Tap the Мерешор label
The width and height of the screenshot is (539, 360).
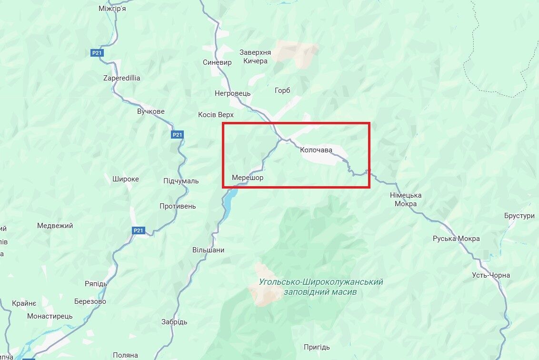click(x=248, y=178)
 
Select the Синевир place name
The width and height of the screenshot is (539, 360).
click(x=217, y=62)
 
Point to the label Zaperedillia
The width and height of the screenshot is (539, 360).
click(x=122, y=78)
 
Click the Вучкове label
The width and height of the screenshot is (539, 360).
click(x=150, y=111)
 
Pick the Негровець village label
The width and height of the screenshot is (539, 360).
click(x=232, y=93)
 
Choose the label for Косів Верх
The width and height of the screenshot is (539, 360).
click(x=216, y=115)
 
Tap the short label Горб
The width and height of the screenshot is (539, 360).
click(x=282, y=90)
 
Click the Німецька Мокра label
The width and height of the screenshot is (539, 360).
click(x=406, y=200)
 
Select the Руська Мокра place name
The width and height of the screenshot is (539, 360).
click(x=456, y=239)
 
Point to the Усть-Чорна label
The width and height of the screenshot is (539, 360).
click(x=491, y=275)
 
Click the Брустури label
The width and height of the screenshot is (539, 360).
click(x=519, y=216)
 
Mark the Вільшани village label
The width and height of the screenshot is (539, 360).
click(x=208, y=250)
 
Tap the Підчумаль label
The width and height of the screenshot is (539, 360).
click(x=181, y=181)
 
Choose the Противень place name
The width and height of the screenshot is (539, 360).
click(x=178, y=206)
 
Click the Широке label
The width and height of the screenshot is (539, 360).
click(x=126, y=179)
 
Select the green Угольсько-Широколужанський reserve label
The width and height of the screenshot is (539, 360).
click(x=321, y=287)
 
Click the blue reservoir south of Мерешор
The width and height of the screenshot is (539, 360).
click(x=230, y=195)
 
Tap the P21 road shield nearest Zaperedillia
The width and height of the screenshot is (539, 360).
click(x=98, y=53)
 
